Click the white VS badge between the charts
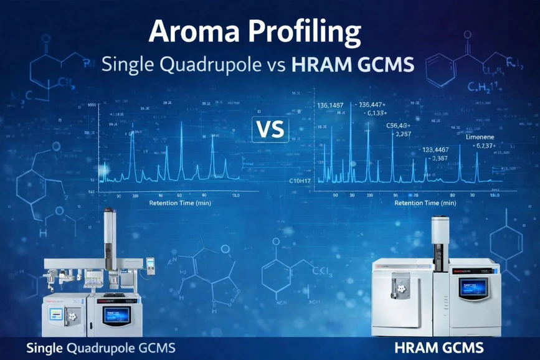270,129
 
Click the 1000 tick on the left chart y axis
92,106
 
